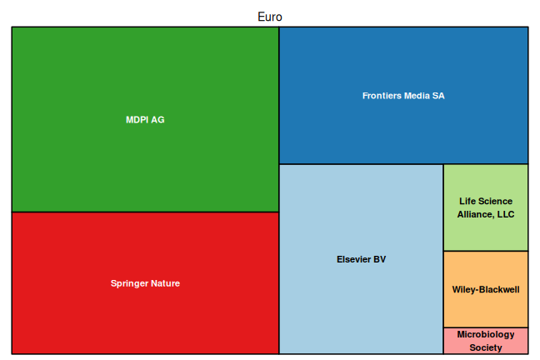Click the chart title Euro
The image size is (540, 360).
[x=270, y=17]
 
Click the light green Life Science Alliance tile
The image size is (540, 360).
[x=485, y=229]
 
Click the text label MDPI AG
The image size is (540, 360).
[x=145, y=120]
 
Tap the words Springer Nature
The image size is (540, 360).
[x=145, y=283]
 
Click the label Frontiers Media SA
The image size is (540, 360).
[x=403, y=96]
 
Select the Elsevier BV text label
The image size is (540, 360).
[x=360, y=259]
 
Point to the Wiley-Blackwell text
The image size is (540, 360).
[x=486, y=290]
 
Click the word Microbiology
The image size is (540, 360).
[x=486, y=335]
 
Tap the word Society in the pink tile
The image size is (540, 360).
[x=486, y=347]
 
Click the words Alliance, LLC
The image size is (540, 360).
[x=486, y=214]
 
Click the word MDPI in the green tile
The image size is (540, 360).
[x=137, y=120]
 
